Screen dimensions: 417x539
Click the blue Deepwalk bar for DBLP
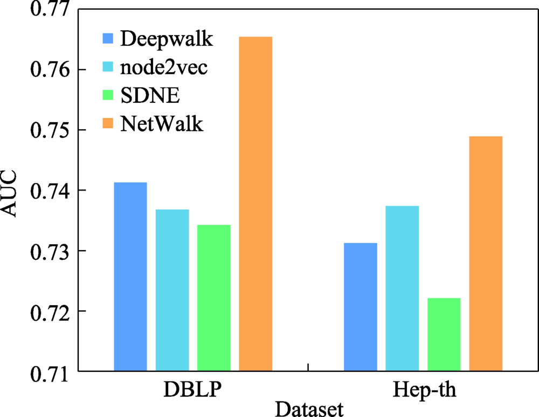click(130, 277)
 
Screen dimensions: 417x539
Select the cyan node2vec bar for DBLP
click(172, 290)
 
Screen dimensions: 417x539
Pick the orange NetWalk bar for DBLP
click(255, 204)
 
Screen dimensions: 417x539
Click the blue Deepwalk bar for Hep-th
click(361, 307)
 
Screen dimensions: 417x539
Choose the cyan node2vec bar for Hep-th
click(402, 288)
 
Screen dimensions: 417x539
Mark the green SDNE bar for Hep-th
click(444, 334)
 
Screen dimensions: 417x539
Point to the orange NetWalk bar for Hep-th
click(486, 253)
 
